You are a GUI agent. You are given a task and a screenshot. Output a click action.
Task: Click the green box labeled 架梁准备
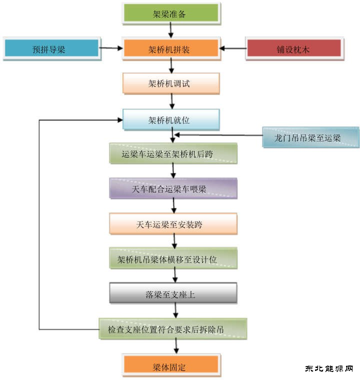[x=170, y=13]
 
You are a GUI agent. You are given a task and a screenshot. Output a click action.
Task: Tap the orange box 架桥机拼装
[x=170, y=48]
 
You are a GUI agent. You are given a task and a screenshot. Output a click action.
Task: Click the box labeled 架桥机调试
[x=170, y=83]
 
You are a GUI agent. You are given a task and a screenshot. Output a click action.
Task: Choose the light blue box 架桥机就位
[x=170, y=120]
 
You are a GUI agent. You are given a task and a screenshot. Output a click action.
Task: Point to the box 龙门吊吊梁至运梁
[x=310, y=138]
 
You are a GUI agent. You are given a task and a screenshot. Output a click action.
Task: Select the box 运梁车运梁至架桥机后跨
[x=173, y=154]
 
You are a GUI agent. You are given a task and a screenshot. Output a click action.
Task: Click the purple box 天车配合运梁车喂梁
[x=173, y=189]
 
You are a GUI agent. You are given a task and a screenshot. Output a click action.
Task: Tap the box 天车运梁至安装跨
[x=173, y=224]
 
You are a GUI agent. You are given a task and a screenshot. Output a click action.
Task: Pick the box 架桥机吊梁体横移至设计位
[x=173, y=259]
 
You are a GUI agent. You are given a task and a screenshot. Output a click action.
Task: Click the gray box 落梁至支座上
[x=173, y=294]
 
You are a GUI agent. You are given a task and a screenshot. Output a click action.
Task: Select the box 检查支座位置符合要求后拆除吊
[x=173, y=329]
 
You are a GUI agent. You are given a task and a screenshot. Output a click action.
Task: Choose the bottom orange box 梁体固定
[x=170, y=366]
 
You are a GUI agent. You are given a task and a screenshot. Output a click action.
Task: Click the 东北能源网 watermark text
[x=329, y=368]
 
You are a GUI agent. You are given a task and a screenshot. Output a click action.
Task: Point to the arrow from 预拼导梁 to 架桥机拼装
[x=111, y=48]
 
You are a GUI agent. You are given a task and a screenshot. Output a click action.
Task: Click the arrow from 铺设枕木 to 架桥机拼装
[x=232, y=48]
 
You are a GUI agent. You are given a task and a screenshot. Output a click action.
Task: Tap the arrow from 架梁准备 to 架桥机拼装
[x=171, y=31]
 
